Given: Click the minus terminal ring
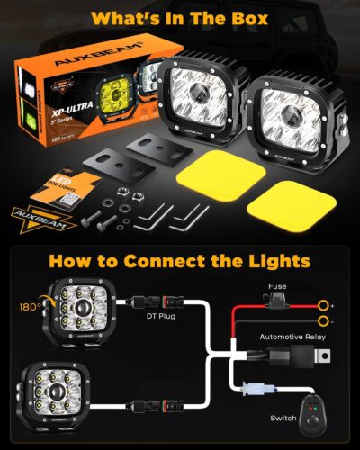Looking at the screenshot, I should coord(322,320).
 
